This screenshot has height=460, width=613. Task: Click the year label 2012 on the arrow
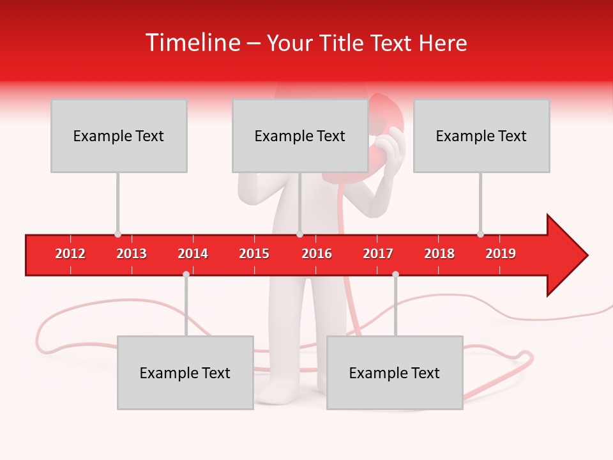click(x=70, y=254)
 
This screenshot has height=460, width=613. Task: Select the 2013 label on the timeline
click(x=132, y=254)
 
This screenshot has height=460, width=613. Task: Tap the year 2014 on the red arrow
click(x=193, y=254)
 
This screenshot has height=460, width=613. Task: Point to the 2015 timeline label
click(x=254, y=254)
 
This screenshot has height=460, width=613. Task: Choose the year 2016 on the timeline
click(x=317, y=254)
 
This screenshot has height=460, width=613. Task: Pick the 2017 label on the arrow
click(x=378, y=254)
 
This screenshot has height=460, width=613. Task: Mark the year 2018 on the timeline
click(x=439, y=254)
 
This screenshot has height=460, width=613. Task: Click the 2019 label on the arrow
click(x=501, y=254)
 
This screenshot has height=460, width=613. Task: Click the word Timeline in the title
click(x=192, y=43)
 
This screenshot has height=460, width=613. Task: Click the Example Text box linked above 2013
click(x=119, y=135)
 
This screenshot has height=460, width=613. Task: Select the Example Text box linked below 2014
click(x=185, y=372)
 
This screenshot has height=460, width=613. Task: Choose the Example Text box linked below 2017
click(x=395, y=372)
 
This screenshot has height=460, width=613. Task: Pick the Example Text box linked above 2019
click(x=481, y=135)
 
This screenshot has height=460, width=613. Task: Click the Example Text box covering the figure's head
click(x=300, y=135)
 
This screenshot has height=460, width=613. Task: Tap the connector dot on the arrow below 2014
click(x=186, y=274)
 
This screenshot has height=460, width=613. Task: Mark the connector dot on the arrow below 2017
click(x=395, y=274)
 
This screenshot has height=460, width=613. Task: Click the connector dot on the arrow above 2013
click(x=117, y=234)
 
